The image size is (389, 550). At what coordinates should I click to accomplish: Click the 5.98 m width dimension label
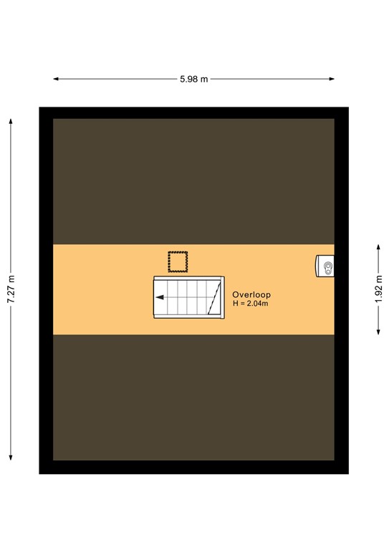tap(194, 79)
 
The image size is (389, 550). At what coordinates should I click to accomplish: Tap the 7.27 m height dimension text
tap(11, 289)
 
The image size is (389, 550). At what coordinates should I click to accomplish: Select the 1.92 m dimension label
tap(378, 289)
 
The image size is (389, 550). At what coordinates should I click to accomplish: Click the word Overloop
tap(251, 294)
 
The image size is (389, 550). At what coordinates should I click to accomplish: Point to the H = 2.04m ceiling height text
tap(250, 304)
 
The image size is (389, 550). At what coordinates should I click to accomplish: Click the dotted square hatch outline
tap(178, 261)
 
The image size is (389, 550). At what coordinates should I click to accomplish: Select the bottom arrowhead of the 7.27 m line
tap(11, 458)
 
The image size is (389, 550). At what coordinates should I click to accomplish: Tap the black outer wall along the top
tap(193, 112)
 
